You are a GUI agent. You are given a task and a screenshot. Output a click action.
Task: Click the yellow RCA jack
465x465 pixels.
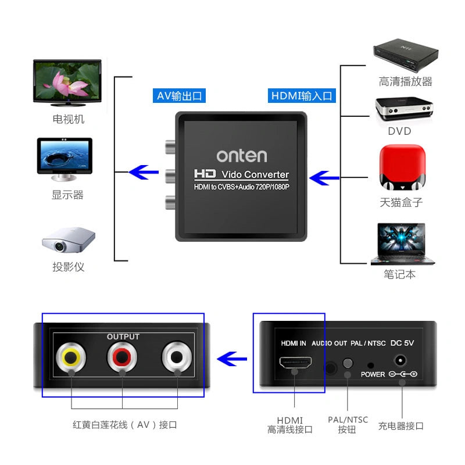click(x=71, y=357)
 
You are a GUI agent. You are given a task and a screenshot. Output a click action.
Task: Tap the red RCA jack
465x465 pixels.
click(x=122, y=357)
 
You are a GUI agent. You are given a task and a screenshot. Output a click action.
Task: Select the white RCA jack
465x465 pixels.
click(x=176, y=357)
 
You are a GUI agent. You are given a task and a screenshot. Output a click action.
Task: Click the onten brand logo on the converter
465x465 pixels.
click(x=241, y=156)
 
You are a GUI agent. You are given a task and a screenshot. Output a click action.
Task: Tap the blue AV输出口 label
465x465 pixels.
click(x=181, y=96)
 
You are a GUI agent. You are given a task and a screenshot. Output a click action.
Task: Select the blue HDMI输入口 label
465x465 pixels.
click(x=302, y=96)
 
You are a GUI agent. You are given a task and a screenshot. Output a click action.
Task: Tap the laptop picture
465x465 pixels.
click(x=402, y=244)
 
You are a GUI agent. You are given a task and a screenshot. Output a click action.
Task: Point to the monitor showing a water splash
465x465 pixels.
click(x=65, y=157)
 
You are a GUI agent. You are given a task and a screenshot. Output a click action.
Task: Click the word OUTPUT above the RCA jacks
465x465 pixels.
click(x=123, y=337)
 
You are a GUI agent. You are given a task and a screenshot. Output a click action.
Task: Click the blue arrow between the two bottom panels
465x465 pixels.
click(x=231, y=359)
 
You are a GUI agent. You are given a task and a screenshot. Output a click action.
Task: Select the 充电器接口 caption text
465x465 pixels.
click(x=400, y=426)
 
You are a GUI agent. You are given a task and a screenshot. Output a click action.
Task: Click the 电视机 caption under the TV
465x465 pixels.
click(x=69, y=120)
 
